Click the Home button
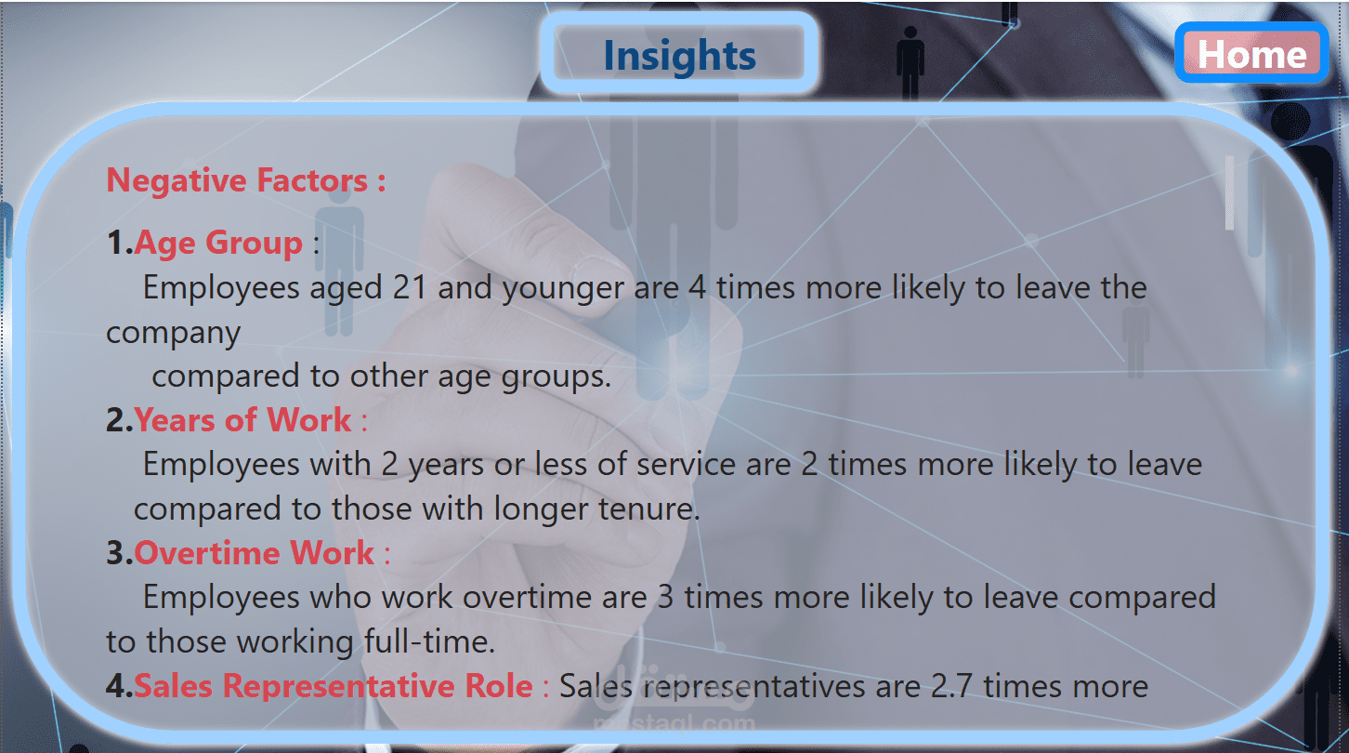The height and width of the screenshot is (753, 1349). (1251, 53)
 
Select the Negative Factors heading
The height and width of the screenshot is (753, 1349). (245, 180)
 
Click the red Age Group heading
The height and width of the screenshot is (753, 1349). (218, 243)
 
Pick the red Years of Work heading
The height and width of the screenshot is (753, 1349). (242, 419)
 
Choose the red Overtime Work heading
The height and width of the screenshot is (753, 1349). (254, 552)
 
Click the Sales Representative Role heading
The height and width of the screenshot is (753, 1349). (333, 685)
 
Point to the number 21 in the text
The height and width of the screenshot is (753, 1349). (410, 287)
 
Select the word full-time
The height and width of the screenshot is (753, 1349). (429, 641)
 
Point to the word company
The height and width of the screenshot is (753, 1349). (174, 334)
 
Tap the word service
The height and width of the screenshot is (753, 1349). (686, 465)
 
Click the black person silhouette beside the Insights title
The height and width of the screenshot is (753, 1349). (910, 62)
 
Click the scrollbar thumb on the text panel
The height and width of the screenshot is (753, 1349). (1230, 192)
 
